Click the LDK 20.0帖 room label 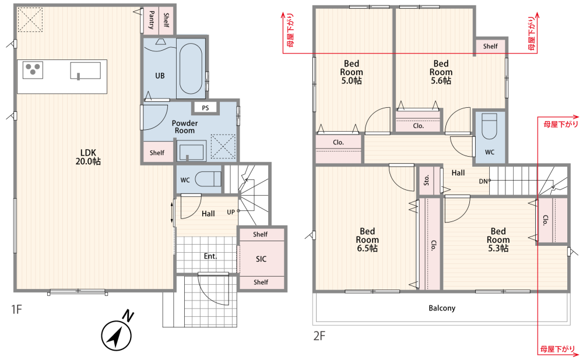88,157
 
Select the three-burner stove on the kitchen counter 33,70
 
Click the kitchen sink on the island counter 86,70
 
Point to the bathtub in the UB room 191,69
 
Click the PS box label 205,108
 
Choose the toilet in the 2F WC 489,126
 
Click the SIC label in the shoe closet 261,259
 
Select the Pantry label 152,20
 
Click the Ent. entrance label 210,256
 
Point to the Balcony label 442,308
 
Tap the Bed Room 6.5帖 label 367,239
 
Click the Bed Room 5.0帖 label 352,72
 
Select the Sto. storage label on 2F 427,180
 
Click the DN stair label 483,181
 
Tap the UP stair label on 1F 231,212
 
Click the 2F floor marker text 319,336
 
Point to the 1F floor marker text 16,309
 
